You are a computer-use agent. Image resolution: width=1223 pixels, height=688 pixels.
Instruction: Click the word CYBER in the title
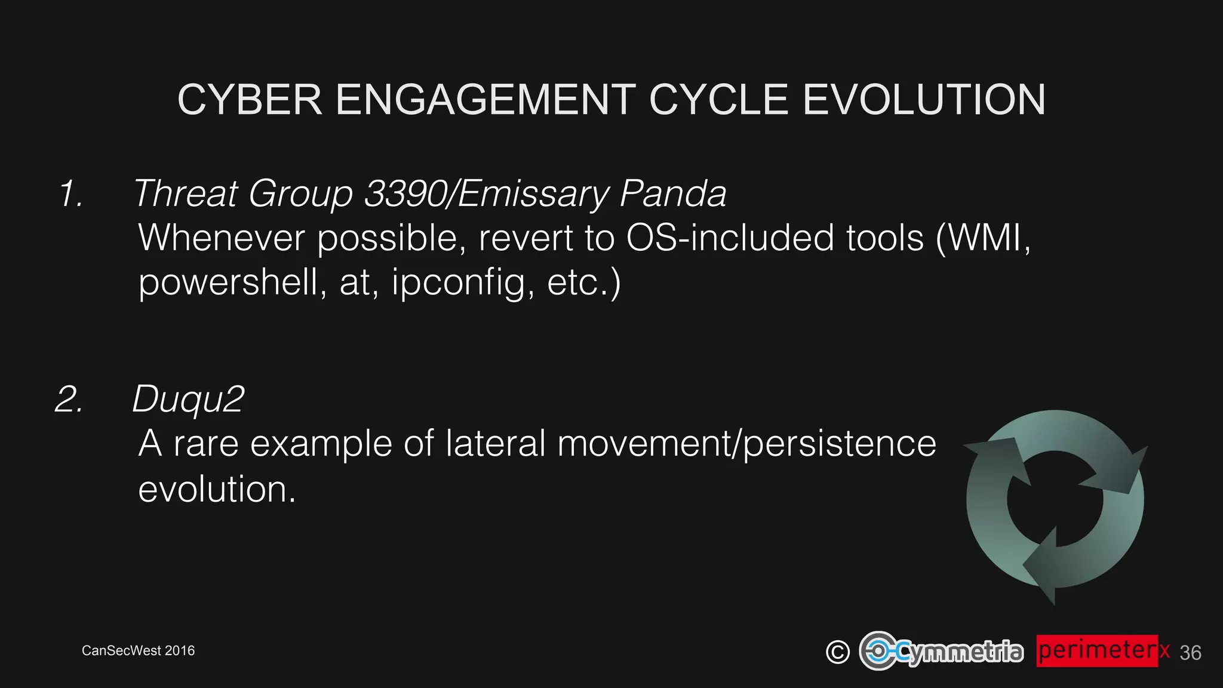coord(250,100)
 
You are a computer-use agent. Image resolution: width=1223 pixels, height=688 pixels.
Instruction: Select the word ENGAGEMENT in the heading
coord(485,100)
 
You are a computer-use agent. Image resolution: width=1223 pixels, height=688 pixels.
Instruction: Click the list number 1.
coord(71,194)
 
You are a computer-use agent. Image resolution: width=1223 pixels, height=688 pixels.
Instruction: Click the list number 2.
coord(69,399)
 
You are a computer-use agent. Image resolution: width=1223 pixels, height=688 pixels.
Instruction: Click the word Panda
coord(673,194)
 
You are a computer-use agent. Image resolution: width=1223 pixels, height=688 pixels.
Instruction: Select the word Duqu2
coord(188,399)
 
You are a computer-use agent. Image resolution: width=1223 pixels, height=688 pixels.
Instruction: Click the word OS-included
coord(729,238)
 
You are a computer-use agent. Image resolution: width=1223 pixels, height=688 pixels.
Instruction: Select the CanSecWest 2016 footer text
coord(138,650)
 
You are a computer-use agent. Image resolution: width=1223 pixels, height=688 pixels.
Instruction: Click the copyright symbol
coord(837,652)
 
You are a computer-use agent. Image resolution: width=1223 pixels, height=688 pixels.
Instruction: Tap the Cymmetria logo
coord(941,651)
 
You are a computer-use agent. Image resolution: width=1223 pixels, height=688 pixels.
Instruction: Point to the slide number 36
coord(1190,653)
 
